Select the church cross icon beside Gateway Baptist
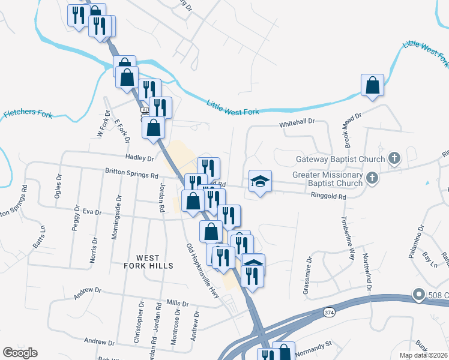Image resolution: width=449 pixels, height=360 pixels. click(394, 158)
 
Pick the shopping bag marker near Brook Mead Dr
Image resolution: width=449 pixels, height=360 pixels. click(373, 85)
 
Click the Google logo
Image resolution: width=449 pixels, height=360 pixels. click(20, 353)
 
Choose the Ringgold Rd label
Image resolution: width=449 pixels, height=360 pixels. click(329, 196)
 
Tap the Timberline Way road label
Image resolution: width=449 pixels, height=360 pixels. click(348, 237)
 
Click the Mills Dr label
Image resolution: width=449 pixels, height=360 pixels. click(178, 303)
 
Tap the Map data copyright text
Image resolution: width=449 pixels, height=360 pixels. click(423, 355)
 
